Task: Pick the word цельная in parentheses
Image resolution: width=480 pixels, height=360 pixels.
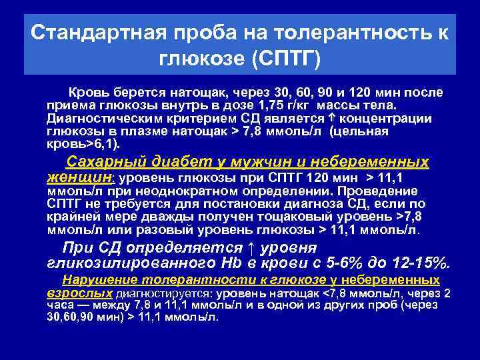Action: pyautogui.click(x=365, y=131)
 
